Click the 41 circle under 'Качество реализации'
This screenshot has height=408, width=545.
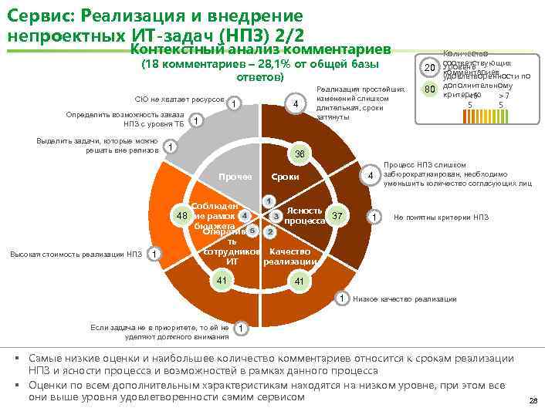tap(299, 282)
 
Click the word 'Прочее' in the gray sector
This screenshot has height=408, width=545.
tap(235, 177)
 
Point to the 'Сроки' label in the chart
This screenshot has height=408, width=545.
tap(285, 177)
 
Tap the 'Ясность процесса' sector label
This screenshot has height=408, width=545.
tap(303, 215)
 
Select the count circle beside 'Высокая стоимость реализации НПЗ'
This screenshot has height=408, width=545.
tap(154, 255)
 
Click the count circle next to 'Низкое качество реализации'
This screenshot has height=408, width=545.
tap(340, 298)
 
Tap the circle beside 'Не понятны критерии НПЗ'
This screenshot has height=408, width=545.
tap(374, 217)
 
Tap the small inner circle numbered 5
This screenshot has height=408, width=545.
tap(252, 231)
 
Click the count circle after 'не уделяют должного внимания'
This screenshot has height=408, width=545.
tap(242, 328)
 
